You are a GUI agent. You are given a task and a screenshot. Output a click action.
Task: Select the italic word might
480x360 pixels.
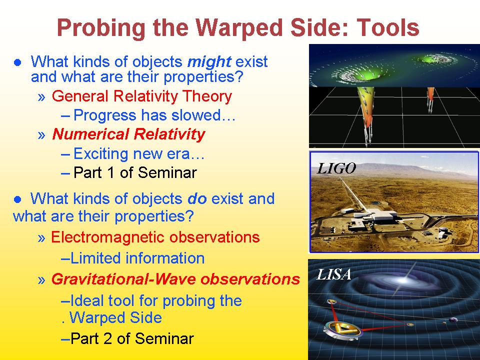(x=209, y=62)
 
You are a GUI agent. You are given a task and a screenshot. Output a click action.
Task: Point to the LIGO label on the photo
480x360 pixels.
(x=336, y=168)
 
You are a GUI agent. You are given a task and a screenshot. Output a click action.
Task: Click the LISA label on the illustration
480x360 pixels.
(x=333, y=274)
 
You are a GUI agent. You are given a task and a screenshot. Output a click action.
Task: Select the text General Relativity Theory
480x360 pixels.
(x=142, y=96)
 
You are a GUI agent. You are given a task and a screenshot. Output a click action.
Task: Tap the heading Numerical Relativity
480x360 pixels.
(x=128, y=134)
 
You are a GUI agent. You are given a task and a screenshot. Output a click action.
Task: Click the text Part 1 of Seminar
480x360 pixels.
(x=135, y=172)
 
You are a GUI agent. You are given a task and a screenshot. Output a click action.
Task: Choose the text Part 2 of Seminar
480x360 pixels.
(x=132, y=338)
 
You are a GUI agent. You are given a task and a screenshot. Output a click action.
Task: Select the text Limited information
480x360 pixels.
(x=137, y=258)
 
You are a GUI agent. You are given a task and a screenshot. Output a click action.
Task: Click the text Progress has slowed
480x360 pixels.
(x=154, y=115)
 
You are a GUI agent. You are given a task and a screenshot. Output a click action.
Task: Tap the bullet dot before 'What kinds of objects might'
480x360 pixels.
(x=18, y=62)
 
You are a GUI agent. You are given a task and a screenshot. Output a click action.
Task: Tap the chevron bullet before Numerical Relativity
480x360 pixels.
(x=41, y=135)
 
